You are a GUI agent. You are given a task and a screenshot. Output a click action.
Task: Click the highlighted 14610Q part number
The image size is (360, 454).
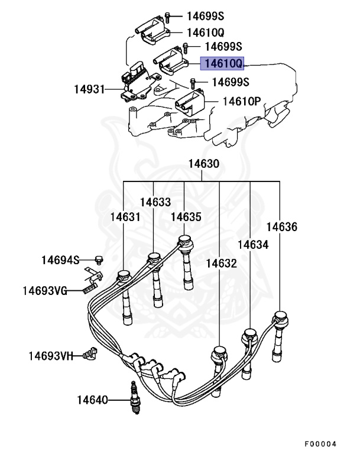pyautogui.click(x=222, y=63)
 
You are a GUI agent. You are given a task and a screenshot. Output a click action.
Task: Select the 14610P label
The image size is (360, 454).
pyautogui.click(x=241, y=101)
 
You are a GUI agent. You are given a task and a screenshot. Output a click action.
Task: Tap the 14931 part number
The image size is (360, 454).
pyautogui.click(x=89, y=90)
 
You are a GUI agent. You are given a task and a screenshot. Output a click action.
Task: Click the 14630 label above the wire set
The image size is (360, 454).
pyautogui.click(x=203, y=164)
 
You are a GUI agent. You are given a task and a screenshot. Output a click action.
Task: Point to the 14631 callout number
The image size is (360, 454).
pyautogui.click(x=125, y=217)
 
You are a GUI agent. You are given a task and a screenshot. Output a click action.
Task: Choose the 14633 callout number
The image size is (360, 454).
pyautogui.click(x=155, y=202)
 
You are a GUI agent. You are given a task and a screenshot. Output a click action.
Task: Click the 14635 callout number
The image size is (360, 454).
pyautogui.click(x=186, y=217)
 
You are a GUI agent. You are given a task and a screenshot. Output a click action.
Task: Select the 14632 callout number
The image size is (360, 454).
pyautogui.click(x=221, y=263)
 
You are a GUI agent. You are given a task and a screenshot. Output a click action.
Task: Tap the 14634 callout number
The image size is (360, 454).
pyautogui.click(x=253, y=244)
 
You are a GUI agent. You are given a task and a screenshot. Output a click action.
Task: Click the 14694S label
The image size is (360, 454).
pyautogui.click(x=60, y=260)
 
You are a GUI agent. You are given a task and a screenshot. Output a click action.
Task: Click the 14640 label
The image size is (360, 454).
pyautogui.click(x=92, y=400)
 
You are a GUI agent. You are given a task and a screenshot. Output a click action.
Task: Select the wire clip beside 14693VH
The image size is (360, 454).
pyautogui.click(x=91, y=354)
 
